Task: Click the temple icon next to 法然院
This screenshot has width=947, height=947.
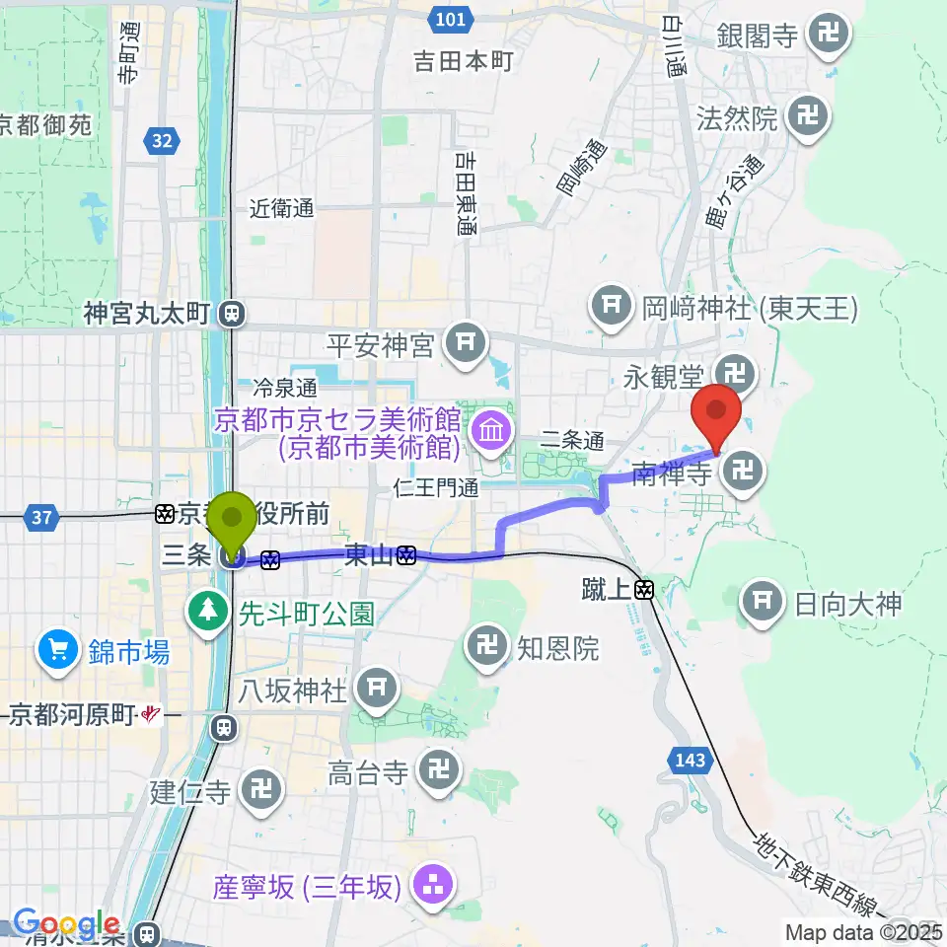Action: [x=808, y=119]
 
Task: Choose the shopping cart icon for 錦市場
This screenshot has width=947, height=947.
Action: [x=57, y=650]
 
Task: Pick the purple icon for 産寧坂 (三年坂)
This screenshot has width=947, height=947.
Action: [x=432, y=886]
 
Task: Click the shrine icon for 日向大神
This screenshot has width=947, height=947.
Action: [x=762, y=602]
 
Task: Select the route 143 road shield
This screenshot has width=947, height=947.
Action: [x=691, y=760]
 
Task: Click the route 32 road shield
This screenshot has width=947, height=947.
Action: [x=162, y=142]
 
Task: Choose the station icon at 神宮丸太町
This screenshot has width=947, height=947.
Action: [x=230, y=314]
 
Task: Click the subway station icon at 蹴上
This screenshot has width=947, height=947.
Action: [x=645, y=590]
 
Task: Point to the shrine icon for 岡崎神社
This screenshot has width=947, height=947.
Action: [x=611, y=308]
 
